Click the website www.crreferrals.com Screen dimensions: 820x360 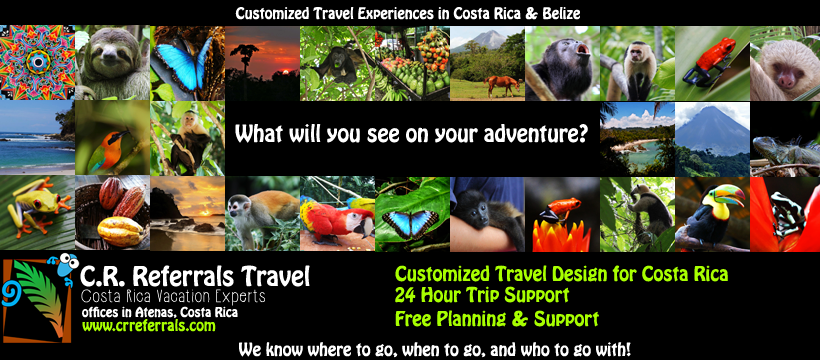tap(149, 326)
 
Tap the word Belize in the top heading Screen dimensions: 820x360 tap(561, 13)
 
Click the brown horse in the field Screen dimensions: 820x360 tap(502, 84)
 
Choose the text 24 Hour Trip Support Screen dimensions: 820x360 tap(482, 295)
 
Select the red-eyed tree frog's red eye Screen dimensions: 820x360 tap(51, 198)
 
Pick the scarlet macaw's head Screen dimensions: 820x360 tap(362, 223)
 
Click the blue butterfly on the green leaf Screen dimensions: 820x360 tap(411, 223)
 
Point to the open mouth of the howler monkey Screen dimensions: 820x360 tap(582, 50)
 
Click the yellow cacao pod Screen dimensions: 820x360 tap(120, 231)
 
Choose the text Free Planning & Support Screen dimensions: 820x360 tap(496, 318)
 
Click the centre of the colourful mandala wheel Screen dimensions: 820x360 tap(38, 63)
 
